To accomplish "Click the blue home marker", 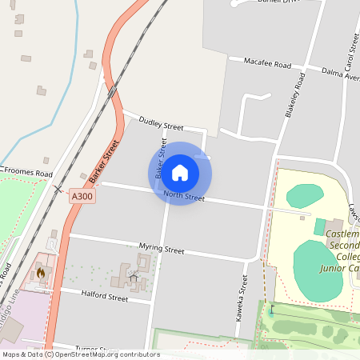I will (180, 173).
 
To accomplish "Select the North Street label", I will (183, 196).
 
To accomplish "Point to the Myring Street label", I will (162, 250).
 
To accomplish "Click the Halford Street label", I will (105, 297).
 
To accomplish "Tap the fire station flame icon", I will (40, 274).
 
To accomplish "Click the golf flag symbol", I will (271, 309).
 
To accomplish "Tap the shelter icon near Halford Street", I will (134, 275).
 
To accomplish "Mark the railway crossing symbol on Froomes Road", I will (58, 190).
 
